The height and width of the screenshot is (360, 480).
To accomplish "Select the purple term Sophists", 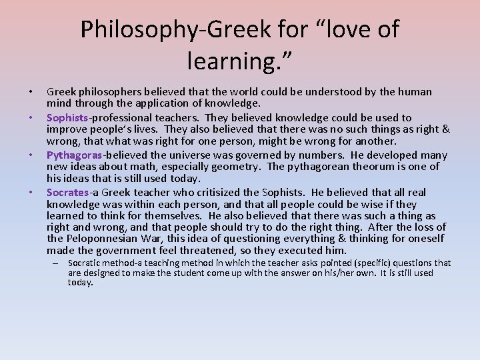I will [x=67, y=117].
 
